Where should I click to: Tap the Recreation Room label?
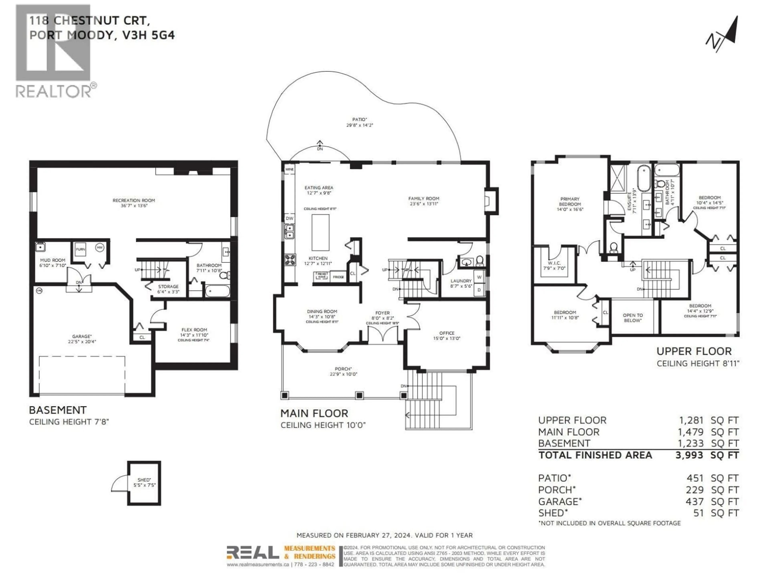pyautogui.click(x=134, y=200)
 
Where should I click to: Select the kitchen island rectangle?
pyautogui.click(x=320, y=232)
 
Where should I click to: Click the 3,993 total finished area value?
pyautogui.click(x=689, y=455)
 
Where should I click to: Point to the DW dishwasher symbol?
pyautogui.click(x=289, y=218)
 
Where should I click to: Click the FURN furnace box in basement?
pyautogui.click(x=80, y=249)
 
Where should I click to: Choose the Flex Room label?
pyautogui.click(x=194, y=330)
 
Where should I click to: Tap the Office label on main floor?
pyautogui.click(x=447, y=333)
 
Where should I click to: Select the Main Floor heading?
pyautogui.click(x=314, y=414)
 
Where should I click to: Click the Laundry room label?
pyautogui.click(x=461, y=281)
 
